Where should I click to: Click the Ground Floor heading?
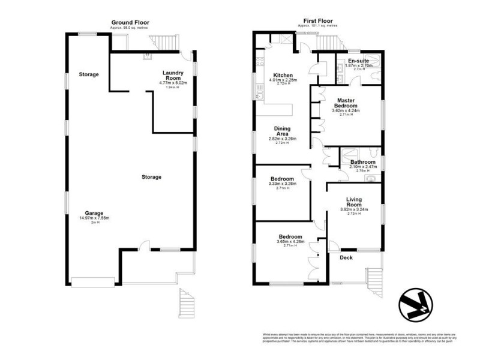130,22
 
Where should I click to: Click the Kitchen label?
282,75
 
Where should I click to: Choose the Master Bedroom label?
347,103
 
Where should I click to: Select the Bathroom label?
363,162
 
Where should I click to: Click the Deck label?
346,258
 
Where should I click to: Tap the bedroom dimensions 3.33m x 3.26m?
282,184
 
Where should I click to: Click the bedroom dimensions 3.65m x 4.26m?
290,242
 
